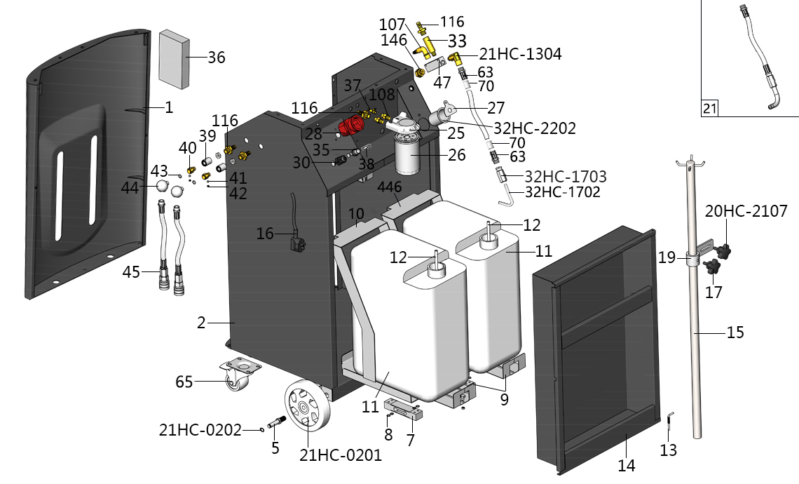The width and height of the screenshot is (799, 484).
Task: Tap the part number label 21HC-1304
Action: click(x=520, y=54)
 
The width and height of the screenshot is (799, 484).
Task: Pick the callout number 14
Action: click(x=626, y=465)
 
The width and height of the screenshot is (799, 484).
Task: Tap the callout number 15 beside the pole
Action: click(x=735, y=332)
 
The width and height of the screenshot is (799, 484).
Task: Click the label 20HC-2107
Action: click(x=746, y=210)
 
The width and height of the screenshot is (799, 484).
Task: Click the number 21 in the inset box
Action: click(x=709, y=108)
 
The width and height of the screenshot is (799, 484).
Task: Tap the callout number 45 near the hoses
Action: click(x=131, y=271)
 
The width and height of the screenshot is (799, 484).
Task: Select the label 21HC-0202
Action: click(x=200, y=429)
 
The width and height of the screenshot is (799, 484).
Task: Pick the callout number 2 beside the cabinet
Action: click(x=201, y=323)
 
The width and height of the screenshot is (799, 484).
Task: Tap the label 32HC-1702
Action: click(x=562, y=191)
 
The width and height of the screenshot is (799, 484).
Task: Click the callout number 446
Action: click(x=390, y=187)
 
